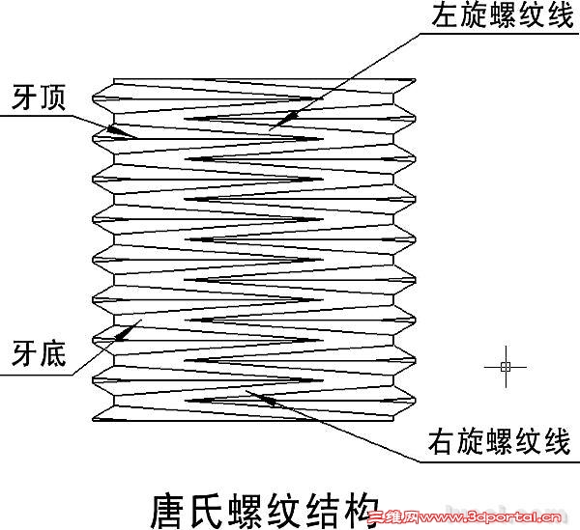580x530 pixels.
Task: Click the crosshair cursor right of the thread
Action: (505, 366)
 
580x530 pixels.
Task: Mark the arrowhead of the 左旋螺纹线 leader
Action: (278, 122)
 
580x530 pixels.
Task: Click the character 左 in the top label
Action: (440, 16)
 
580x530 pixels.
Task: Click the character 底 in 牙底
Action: (52, 355)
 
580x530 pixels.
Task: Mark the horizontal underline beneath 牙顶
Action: (39, 116)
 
